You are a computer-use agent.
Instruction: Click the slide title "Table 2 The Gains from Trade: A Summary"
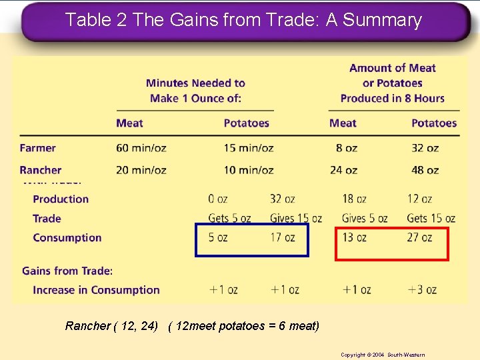243,20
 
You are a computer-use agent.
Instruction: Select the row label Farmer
37,148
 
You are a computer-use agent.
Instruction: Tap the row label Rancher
40,170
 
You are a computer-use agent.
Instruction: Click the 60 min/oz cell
141,148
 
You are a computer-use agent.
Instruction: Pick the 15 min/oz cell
248,148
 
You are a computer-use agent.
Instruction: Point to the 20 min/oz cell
141,170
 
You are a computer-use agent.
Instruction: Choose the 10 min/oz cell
248,170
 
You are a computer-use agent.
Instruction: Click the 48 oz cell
425,170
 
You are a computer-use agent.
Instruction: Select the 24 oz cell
343,170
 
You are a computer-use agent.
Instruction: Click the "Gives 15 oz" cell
295,218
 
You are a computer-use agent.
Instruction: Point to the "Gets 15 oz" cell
431,218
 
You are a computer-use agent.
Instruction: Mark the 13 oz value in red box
354,237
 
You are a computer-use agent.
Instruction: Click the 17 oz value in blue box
283,237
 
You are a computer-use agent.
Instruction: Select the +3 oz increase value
422,289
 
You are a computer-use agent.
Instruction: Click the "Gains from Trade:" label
67,271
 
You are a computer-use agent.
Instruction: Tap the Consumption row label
67,237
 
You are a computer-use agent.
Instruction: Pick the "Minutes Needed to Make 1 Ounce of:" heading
195,91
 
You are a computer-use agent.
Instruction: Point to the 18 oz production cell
354,199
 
